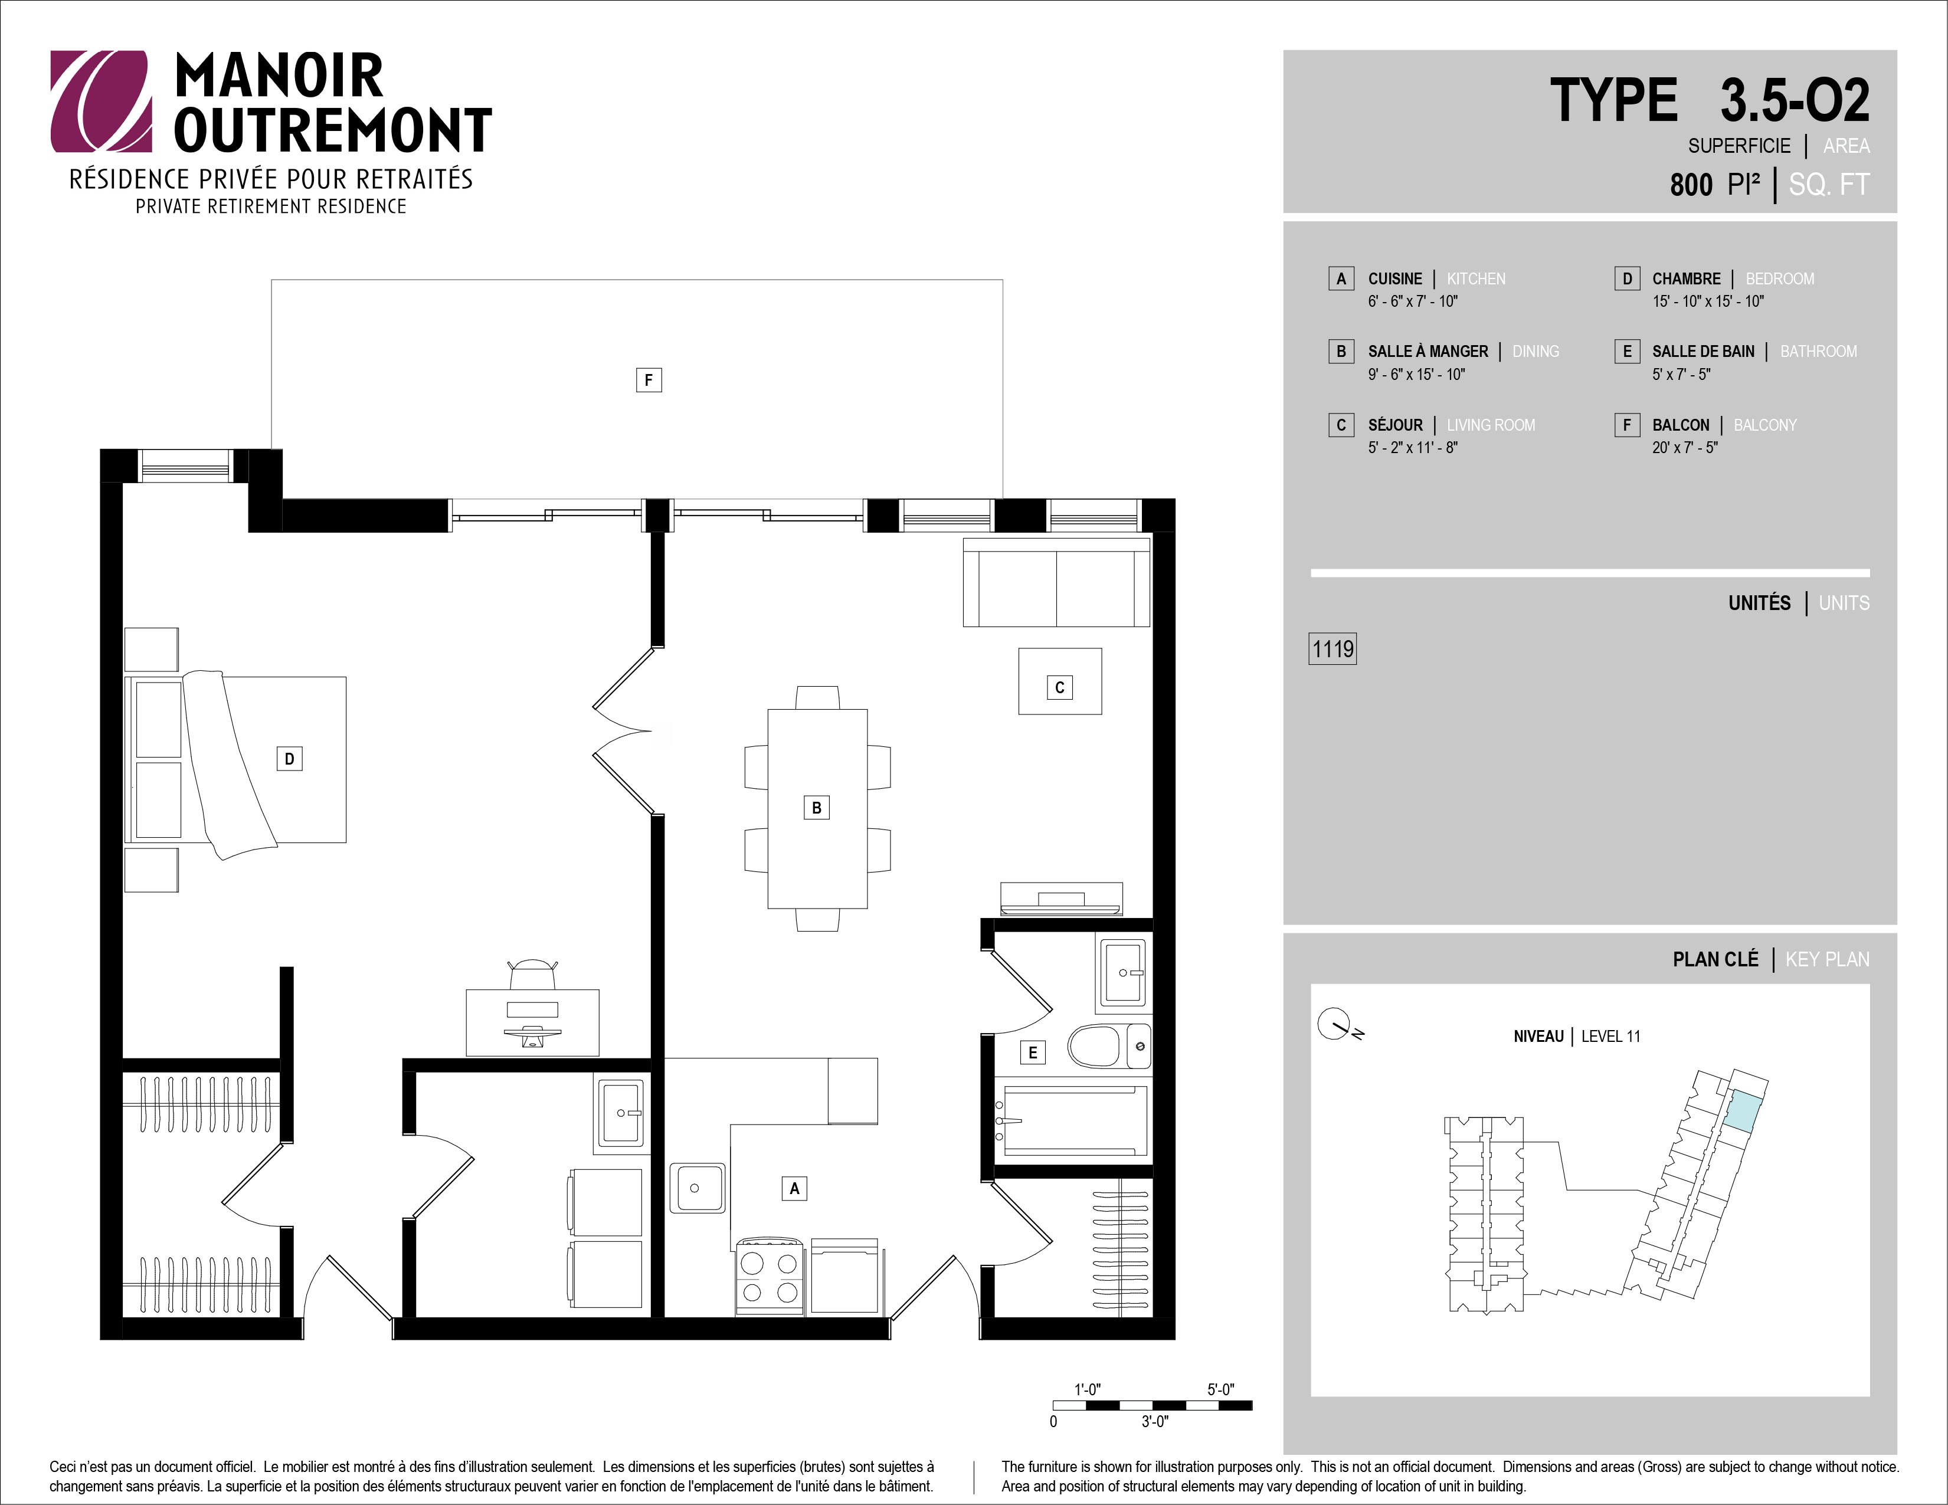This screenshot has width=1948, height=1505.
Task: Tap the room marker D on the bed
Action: [x=289, y=759]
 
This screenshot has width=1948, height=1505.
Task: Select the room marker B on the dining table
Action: [x=816, y=808]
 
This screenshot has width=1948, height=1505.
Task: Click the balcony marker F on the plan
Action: [x=649, y=380]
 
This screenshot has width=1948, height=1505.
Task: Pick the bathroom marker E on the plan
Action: [x=1033, y=1052]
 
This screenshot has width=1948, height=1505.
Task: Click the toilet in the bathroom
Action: [x=1109, y=1046]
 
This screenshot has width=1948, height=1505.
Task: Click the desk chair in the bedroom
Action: [x=532, y=975]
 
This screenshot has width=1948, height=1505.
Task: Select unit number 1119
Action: [x=1333, y=648]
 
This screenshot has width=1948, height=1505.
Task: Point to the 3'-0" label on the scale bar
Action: [x=1155, y=1421]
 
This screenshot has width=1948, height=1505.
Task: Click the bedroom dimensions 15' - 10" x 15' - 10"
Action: [x=1708, y=301]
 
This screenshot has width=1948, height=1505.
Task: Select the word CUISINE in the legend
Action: [x=1395, y=278]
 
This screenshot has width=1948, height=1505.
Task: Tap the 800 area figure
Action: [x=1691, y=185]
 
